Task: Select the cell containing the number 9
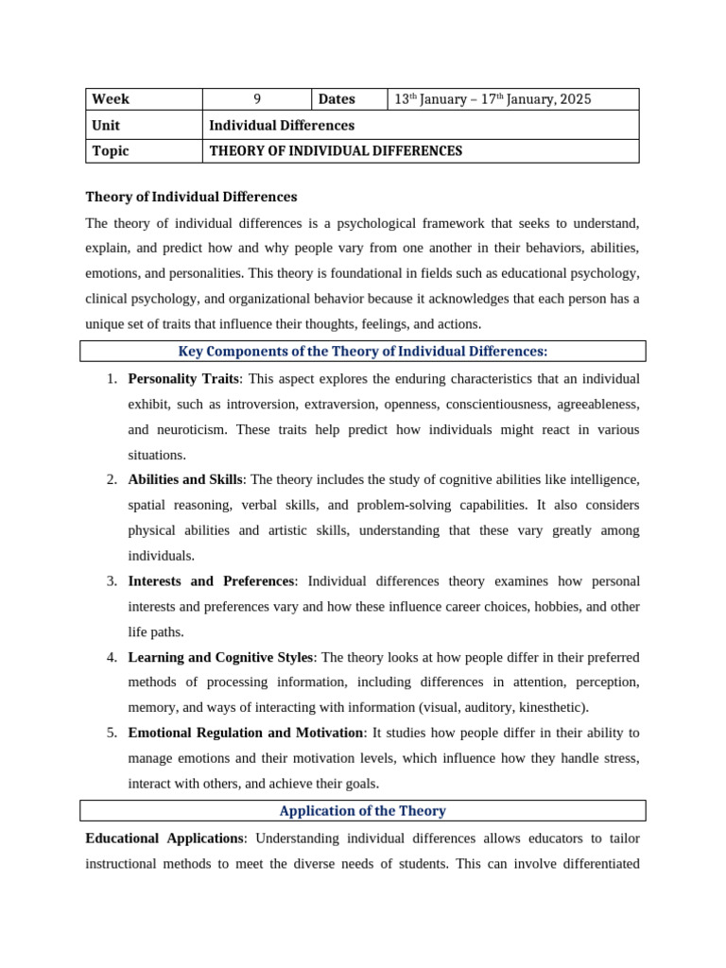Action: [x=257, y=99]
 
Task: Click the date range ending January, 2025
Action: [x=492, y=99]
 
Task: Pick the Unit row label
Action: [x=107, y=125]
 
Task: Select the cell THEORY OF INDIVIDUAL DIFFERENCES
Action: [x=336, y=151]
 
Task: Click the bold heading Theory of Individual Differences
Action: [x=191, y=197]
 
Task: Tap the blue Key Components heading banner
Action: [x=363, y=352]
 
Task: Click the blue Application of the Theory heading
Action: [x=363, y=811]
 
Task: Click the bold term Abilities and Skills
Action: [x=185, y=480]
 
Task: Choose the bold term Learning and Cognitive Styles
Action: [x=222, y=657]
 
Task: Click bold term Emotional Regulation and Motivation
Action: [x=246, y=733]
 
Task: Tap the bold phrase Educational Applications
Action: [x=164, y=838]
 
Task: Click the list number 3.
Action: [x=112, y=581]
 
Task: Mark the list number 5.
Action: [x=112, y=733]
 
